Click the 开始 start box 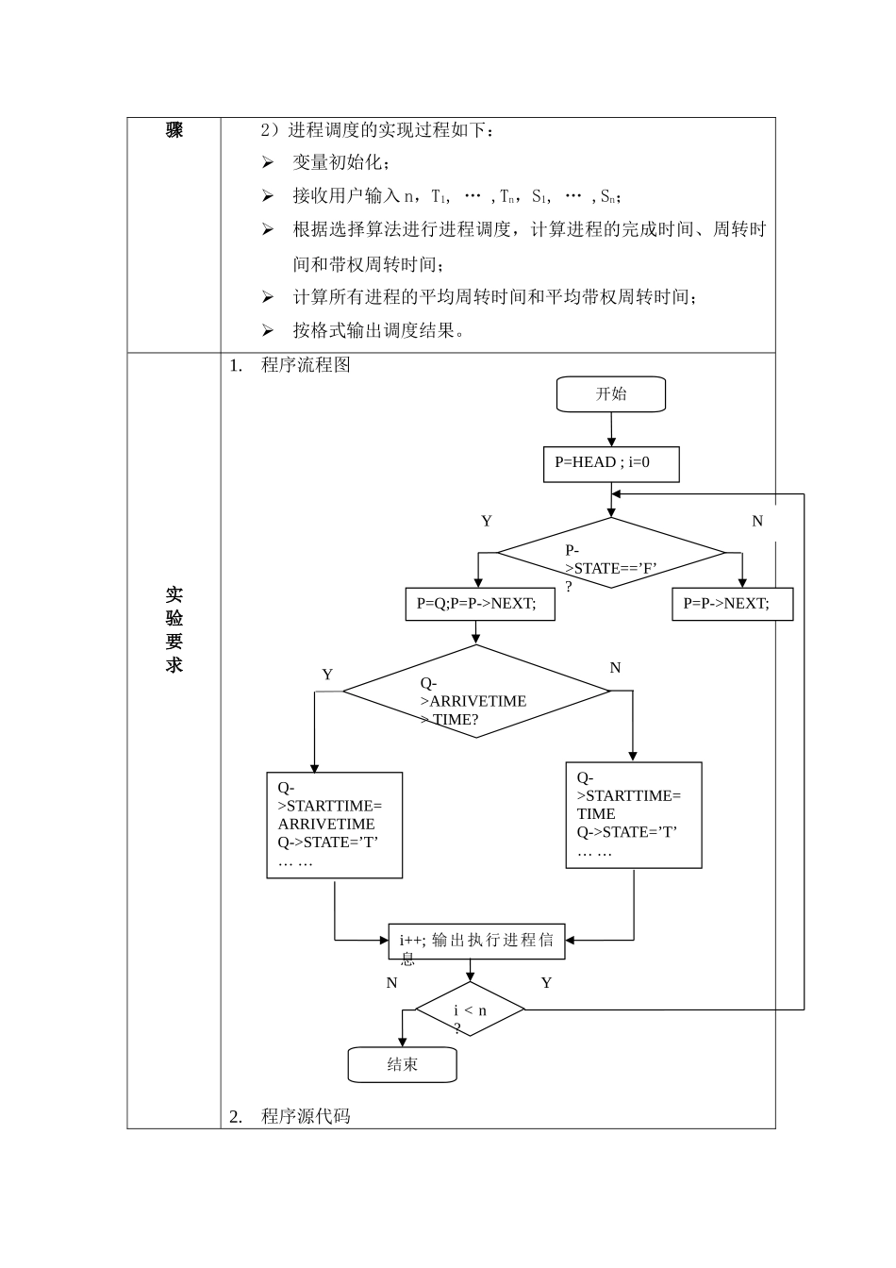click(x=611, y=394)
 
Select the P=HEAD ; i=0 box click(x=611, y=463)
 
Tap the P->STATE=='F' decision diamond click(x=611, y=553)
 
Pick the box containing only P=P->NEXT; click(x=732, y=604)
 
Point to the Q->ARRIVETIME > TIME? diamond click(x=476, y=692)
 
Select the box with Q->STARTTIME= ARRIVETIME click(x=335, y=826)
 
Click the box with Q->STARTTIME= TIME click(x=634, y=815)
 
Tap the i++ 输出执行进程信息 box click(x=476, y=942)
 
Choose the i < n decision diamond click(x=470, y=1010)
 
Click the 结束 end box click(x=403, y=1065)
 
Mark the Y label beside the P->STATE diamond click(x=487, y=522)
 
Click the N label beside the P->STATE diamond click(x=757, y=522)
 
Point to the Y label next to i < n click(x=546, y=983)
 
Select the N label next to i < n click(x=392, y=983)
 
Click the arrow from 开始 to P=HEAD click(x=611, y=429)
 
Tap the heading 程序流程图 click(x=306, y=365)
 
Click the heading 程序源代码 click(x=306, y=1116)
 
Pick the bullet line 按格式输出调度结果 click(x=377, y=330)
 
